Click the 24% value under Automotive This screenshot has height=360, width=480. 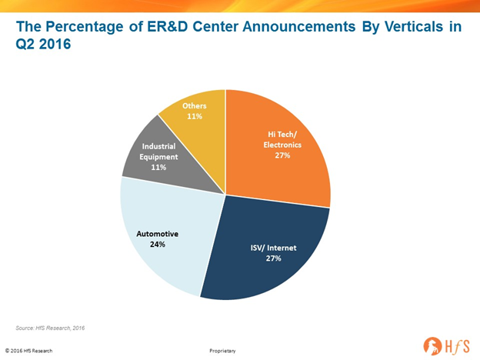pos(158,245)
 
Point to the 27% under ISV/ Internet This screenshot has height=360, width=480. pos(273,258)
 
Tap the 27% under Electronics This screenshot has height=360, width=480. pos(282,155)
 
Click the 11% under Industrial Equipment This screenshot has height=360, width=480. pos(158,167)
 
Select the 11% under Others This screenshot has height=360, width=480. pos(195,116)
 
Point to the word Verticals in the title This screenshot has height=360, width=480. pos(414,26)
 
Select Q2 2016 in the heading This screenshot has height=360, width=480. pos(43,44)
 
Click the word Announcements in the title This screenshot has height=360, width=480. pos(298,26)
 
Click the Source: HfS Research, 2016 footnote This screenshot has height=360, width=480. pos(50,328)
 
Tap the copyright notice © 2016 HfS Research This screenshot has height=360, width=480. pos(28,351)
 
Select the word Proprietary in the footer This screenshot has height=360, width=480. pos(222,351)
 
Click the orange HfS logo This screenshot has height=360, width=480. pos(446,346)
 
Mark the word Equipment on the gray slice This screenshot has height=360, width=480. pos(158,157)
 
